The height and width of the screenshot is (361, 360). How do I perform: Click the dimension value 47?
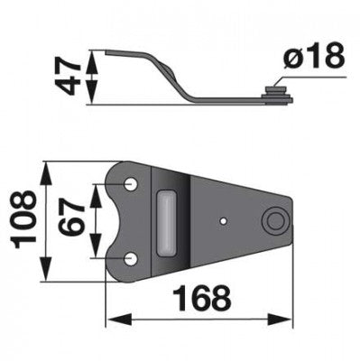coord(69,78)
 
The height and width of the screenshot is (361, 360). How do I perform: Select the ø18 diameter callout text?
coord(314,56)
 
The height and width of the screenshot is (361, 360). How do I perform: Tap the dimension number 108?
coord(23,219)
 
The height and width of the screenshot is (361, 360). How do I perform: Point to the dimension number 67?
coord(71,218)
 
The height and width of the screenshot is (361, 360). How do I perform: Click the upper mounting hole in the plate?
coord(131,184)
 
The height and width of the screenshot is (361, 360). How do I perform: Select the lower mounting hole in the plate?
coord(131,259)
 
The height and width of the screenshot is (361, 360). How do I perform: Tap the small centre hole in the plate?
coord(223,221)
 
